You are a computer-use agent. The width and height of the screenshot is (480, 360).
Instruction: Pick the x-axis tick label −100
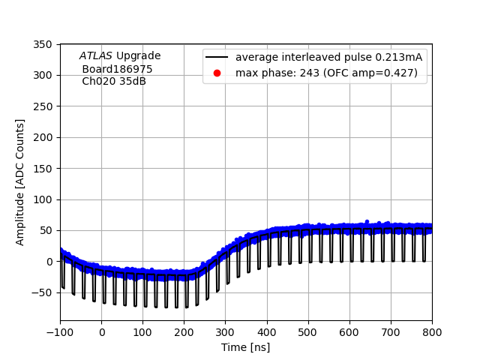[x=60, y=332]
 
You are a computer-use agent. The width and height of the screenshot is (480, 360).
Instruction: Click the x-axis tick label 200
[x=184, y=332]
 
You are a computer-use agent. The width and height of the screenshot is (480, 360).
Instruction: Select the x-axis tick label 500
[x=308, y=332]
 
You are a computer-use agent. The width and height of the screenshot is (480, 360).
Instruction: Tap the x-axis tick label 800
[x=432, y=332]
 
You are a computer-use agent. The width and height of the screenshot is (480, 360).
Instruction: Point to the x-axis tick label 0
[x=102, y=332]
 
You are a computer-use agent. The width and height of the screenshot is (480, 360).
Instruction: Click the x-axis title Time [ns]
[x=245, y=347]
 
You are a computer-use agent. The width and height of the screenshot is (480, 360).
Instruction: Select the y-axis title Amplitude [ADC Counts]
[x=20, y=181]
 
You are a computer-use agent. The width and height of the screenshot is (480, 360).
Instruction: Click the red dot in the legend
[x=217, y=73]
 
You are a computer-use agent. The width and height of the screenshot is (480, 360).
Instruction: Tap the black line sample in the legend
[x=217, y=57]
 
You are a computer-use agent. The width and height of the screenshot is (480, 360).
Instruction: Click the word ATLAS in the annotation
[x=96, y=56]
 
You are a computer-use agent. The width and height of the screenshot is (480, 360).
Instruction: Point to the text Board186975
[x=117, y=69]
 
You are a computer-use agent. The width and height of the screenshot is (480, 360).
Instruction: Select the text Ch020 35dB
[x=114, y=81]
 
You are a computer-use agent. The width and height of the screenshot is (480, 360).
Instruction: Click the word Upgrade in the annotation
[x=138, y=56]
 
